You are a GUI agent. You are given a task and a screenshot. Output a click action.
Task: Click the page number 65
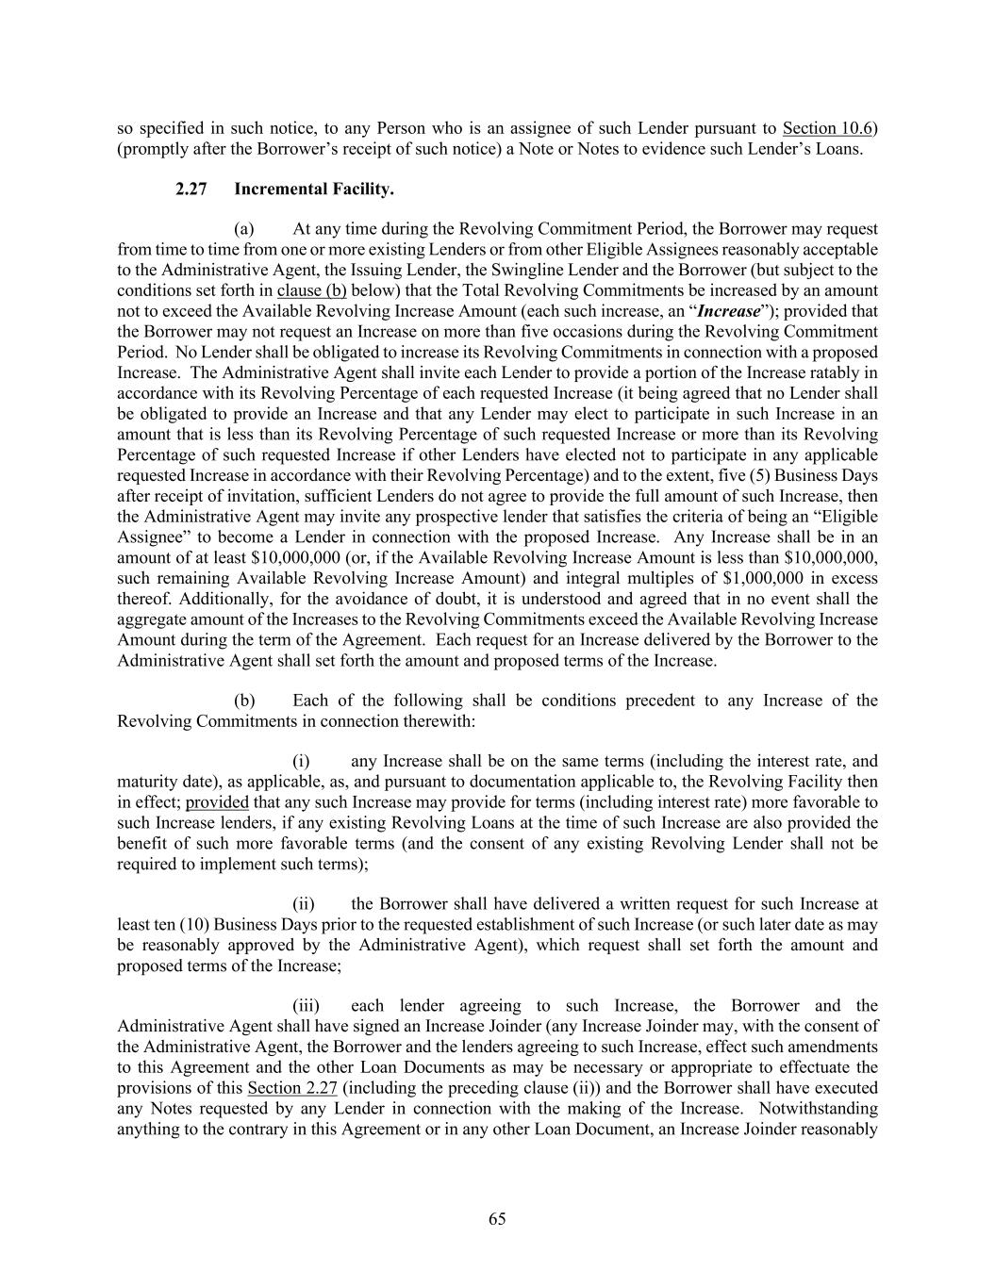pyautogui.click(x=497, y=1219)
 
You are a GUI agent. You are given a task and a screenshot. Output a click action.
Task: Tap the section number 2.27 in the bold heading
pyautogui.click(x=191, y=190)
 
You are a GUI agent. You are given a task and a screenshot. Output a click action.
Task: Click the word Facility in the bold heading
pyautogui.click(x=362, y=190)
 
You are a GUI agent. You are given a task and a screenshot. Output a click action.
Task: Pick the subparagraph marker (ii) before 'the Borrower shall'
pyautogui.click(x=303, y=904)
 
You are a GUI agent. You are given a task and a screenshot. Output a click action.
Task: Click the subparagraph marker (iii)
pyautogui.click(x=306, y=1006)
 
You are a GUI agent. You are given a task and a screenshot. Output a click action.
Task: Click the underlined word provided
pyautogui.click(x=217, y=802)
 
